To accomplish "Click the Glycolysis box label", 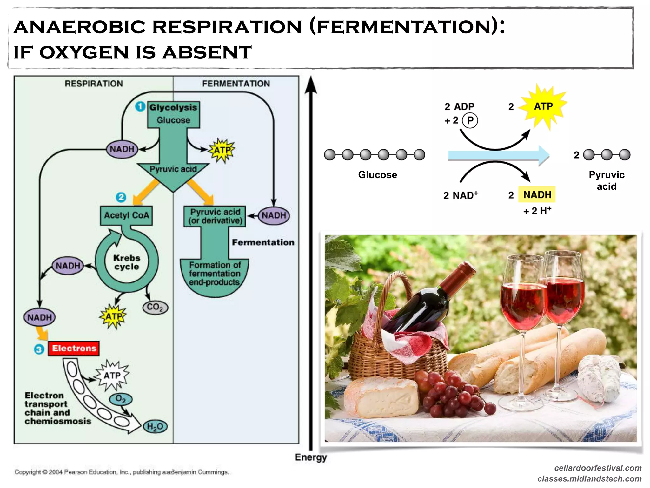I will point(173,107).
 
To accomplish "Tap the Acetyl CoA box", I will point(126,215).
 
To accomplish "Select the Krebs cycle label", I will point(127,262).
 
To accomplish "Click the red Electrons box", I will point(74,348).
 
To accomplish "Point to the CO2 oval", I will point(155,307).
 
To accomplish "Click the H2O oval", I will point(155,426).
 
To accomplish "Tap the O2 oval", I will point(121,399).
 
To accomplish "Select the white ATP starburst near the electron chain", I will point(112,376).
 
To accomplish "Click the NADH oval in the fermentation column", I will point(274,215).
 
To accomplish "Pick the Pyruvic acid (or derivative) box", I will point(215,216).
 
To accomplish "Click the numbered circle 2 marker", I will point(121,197).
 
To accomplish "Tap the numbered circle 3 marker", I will point(39,349).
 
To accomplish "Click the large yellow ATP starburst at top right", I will point(544,106).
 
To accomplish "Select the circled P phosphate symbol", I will point(470,120).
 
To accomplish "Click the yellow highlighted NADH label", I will point(537,194).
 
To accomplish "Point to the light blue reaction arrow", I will point(498,155).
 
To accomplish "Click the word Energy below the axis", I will point(310,457).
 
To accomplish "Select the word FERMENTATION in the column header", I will point(236,84).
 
